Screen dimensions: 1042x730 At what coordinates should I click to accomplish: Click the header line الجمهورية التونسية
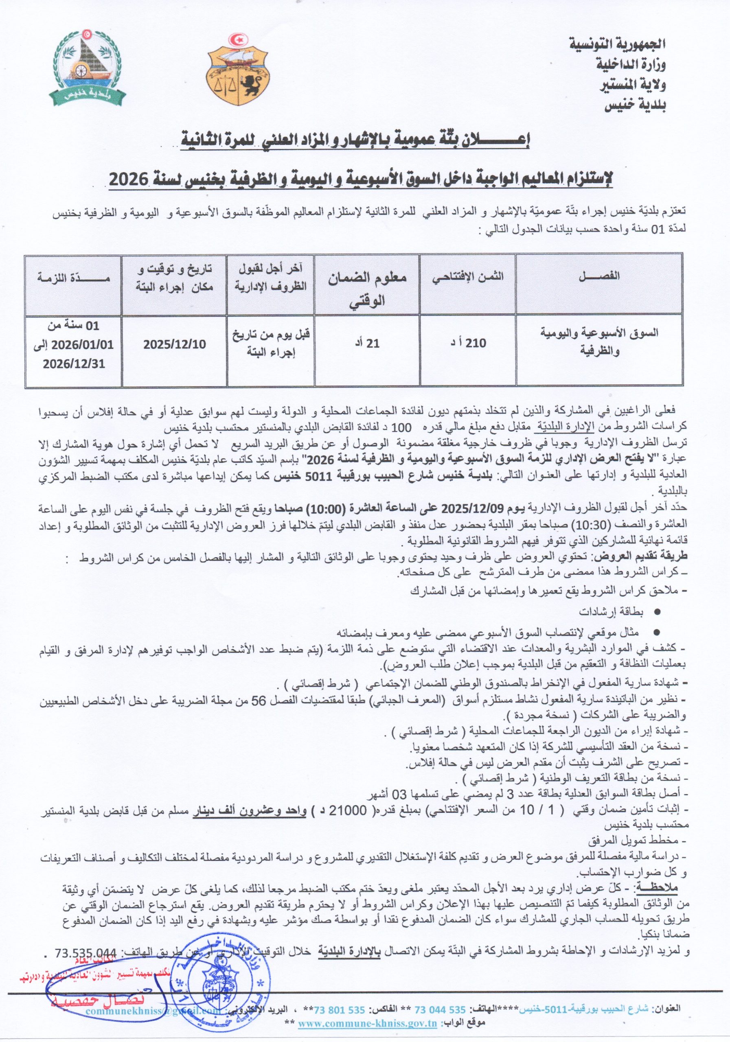pyautogui.click(x=617, y=45)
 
